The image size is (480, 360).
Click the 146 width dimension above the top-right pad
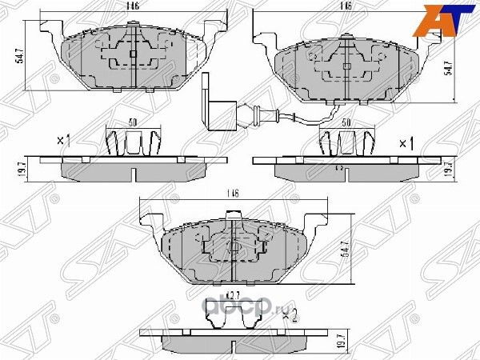click(x=346, y=6)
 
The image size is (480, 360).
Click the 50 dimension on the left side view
click(x=133, y=123)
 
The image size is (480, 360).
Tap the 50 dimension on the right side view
click(x=346, y=123)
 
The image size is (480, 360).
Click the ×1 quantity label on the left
click(x=65, y=141)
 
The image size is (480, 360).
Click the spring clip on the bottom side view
click(x=231, y=318)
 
